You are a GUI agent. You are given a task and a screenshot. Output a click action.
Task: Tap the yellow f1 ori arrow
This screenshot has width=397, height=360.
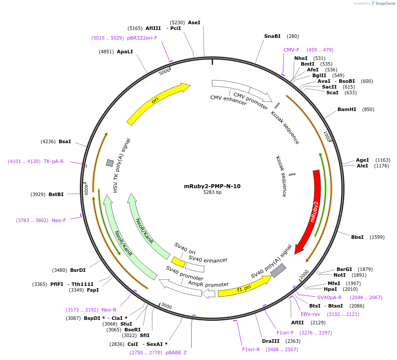[x=242, y=287]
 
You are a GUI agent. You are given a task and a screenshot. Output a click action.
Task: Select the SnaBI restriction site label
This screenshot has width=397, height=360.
[x=272, y=36]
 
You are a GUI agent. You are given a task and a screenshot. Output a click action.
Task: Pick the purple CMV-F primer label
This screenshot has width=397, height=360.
[x=291, y=50]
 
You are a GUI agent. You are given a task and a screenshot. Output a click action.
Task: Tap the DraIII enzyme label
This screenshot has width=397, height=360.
[x=270, y=341]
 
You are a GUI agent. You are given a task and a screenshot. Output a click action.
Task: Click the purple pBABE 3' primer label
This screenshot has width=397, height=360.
[x=176, y=353]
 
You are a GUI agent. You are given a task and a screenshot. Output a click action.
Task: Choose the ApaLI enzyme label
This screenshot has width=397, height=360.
[x=125, y=52]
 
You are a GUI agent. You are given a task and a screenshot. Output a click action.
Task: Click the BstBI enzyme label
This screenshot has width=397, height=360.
[x=56, y=194]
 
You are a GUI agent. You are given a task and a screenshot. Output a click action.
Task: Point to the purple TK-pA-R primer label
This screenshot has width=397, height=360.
[x=53, y=161]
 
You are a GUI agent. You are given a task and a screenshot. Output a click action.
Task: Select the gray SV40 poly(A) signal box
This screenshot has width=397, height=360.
[x=278, y=271]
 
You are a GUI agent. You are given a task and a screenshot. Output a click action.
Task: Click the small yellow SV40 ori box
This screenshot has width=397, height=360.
[x=178, y=262]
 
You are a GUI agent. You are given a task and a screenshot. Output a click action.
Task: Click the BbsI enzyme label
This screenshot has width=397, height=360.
[x=357, y=237]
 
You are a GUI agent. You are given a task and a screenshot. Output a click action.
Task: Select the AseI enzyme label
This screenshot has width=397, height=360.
[x=194, y=22]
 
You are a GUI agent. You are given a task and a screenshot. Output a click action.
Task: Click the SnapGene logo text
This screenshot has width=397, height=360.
[x=385, y=4]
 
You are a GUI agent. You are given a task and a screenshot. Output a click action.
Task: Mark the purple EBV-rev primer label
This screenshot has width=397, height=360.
[x=311, y=314]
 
